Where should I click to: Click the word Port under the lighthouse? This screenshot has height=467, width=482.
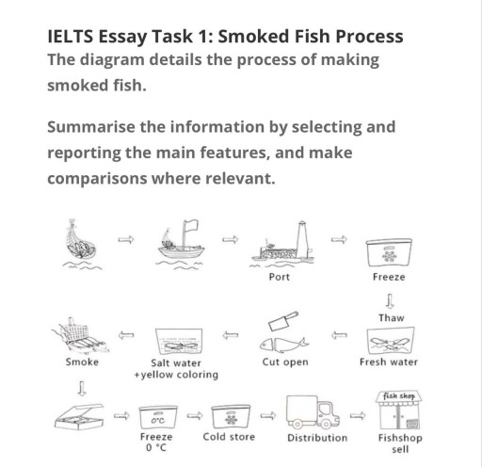279,278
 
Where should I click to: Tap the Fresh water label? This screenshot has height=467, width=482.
389,362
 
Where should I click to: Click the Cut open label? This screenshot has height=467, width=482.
284,362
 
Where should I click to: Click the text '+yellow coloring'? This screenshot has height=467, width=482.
176,375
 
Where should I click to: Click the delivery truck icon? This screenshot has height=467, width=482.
315,412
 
